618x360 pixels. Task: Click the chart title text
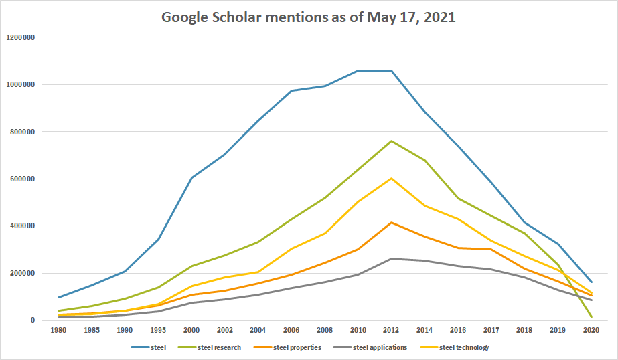pos(309,17)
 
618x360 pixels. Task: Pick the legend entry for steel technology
pos(465,347)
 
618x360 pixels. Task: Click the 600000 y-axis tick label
pos(23,179)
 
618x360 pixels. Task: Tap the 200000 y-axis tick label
pos(23,273)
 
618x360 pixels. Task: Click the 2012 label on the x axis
pos(391,330)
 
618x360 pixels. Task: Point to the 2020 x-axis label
pos(591,330)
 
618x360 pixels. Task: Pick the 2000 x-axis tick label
pos(192,330)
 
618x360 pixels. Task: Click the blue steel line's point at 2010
pos(358,70)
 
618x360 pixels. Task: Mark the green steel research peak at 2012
pos(391,141)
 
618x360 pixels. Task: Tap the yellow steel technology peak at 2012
pos(391,178)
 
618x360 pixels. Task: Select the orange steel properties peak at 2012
pos(391,222)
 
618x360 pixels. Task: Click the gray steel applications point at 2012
pos(391,258)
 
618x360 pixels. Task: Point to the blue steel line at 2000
pos(192,177)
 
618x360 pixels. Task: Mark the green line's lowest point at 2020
pos(591,317)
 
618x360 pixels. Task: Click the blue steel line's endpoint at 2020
pos(591,282)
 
